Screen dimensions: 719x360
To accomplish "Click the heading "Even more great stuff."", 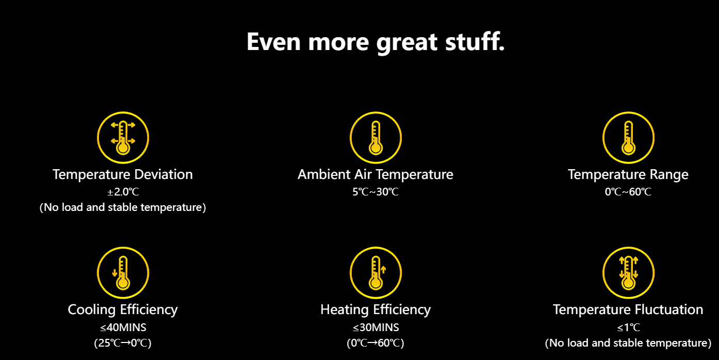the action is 375,42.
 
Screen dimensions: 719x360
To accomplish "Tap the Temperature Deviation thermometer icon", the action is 123,138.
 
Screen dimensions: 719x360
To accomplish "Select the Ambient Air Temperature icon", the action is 375,138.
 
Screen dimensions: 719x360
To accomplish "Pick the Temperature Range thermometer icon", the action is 628,138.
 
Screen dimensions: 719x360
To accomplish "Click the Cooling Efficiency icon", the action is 123,273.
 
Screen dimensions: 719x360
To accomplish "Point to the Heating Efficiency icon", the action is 375,273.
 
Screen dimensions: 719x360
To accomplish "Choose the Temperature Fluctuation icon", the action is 628,273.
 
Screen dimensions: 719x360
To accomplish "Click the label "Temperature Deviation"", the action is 123,174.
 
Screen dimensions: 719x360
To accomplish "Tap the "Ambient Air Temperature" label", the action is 375,174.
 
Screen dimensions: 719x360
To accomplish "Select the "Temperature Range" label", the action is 628,174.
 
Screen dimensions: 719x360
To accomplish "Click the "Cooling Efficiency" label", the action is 123,310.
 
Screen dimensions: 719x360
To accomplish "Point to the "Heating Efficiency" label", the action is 375,310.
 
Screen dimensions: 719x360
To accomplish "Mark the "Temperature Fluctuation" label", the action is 628,309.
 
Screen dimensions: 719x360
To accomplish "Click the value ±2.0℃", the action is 123,192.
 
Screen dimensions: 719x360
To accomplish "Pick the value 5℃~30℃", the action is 375,192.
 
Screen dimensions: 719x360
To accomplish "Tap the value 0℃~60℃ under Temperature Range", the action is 628,192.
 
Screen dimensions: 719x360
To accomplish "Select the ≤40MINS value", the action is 123,328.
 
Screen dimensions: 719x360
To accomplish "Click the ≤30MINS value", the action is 375,328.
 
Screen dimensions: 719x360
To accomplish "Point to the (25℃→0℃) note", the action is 123,343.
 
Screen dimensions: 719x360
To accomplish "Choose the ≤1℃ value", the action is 628,328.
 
